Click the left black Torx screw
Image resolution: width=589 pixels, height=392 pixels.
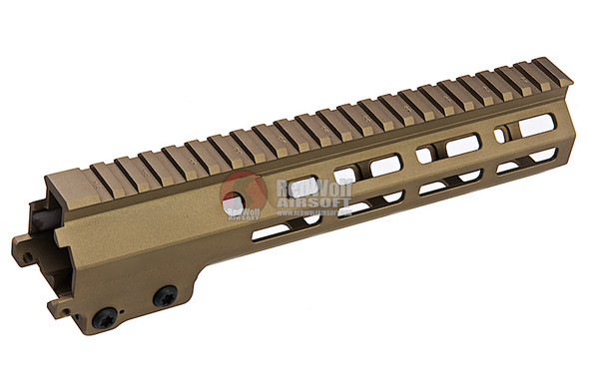104,316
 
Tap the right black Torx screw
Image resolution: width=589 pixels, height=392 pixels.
164,295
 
